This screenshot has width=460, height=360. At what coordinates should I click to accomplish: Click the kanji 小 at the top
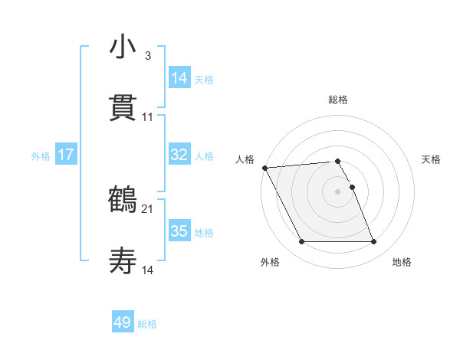point(123,47)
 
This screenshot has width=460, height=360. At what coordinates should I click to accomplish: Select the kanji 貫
point(123,108)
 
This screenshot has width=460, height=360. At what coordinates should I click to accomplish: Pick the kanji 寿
point(123,262)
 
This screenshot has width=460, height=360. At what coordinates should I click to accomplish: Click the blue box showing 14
point(179,77)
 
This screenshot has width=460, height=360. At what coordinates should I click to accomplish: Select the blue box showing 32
point(179,155)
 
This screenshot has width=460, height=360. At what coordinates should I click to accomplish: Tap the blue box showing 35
point(179,231)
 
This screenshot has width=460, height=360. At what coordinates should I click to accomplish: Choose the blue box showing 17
point(66,155)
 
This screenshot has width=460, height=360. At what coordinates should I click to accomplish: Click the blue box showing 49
point(123,322)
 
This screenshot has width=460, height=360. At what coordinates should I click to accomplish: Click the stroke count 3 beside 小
point(148,56)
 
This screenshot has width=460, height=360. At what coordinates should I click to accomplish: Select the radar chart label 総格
point(338,100)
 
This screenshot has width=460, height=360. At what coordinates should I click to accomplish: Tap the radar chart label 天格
point(431,159)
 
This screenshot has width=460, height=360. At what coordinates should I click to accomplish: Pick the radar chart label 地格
point(402,262)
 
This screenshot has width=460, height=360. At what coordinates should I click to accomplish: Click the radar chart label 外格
point(270,262)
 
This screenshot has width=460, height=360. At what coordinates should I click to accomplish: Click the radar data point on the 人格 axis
point(264,168)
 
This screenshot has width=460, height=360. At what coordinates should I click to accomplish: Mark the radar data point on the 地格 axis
point(373,242)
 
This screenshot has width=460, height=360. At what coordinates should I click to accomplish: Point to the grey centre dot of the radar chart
point(338,191)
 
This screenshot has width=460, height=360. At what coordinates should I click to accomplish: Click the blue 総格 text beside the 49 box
point(147,324)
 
